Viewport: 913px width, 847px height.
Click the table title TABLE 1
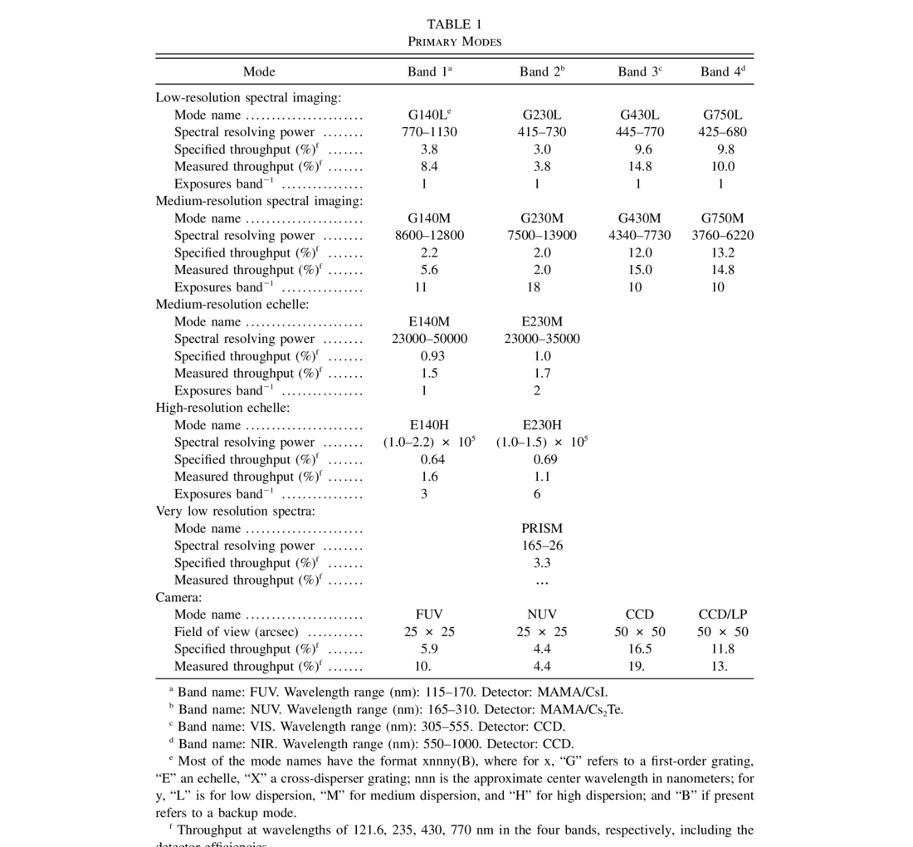pos(454,24)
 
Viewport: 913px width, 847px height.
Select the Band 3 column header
pos(639,71)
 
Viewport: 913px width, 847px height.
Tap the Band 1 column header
pos(429,71)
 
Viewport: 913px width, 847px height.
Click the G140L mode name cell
pos(429,115)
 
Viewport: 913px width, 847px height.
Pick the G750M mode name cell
pos(722,218)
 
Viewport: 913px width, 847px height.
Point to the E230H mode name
pos(542,425)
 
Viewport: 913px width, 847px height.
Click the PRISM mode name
pos(542,528)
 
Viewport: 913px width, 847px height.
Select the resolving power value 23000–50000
pos(429,339)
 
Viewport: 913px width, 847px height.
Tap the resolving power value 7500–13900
pos(542,236)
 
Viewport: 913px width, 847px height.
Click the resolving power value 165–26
pos(542,546)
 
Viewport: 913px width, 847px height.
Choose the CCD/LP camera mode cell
pos(722,614)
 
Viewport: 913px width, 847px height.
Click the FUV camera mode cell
pos(429,614)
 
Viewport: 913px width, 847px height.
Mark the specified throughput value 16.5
pos(639,649)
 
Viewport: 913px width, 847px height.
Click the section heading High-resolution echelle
pos(222,408)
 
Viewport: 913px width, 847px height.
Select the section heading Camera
pos(178,597)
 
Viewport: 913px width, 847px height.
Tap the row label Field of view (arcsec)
pos(236,632)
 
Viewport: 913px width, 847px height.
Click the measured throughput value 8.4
pos(429,167)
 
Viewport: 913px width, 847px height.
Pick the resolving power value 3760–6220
pos(722,236)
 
